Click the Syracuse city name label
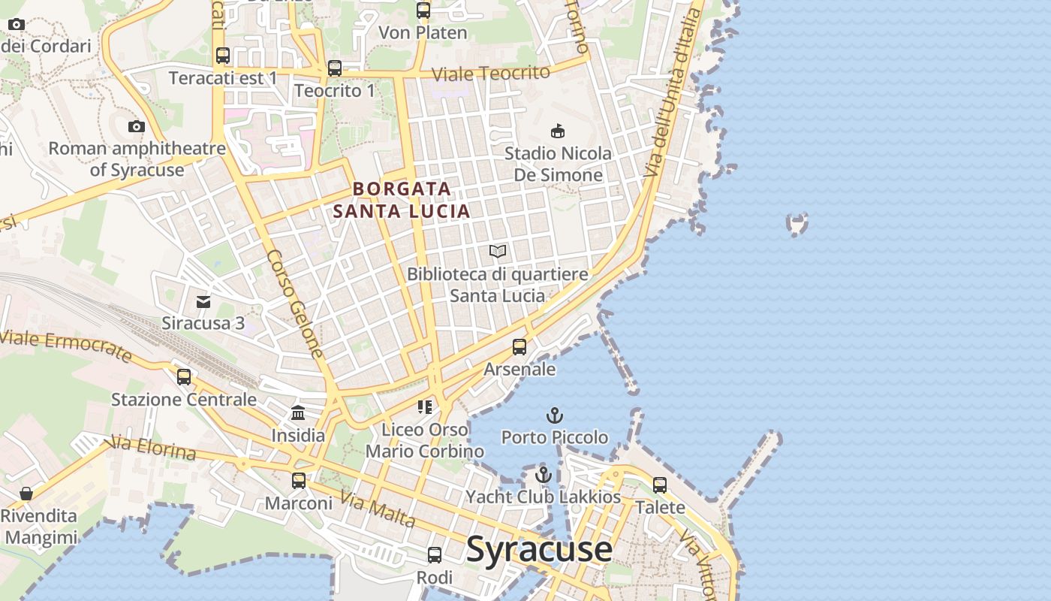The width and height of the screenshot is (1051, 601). click(x=539, y=549)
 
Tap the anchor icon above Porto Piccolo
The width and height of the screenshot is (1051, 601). click(x=554, y=415)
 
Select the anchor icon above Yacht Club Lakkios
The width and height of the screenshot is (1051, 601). click(x=543, y=475)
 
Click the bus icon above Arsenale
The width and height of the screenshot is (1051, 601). click(x=519, y=347)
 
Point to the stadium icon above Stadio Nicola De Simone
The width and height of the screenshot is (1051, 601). click(x=558, y=131)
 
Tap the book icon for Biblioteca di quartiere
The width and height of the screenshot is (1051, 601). click(x=498, y=251)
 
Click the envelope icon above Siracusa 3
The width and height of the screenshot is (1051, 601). click(x=203, y=302)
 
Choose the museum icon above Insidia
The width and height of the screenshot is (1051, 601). click(x=298, y=413)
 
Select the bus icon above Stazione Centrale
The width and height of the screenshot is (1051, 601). click(x=184, y=377)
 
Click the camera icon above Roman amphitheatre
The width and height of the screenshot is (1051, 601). click(x=136, y=126)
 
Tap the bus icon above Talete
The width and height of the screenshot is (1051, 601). click(x=660, y=485)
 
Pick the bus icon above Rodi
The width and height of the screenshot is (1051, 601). click(x=435, y=555)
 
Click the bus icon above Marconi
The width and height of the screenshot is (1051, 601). click(x=299, y=481)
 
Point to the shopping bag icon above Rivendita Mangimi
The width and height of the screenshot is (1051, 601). click(x=26, y=494)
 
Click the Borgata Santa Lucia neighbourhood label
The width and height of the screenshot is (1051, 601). click(x=402, y=200)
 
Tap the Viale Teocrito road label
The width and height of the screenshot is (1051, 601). click(x=492, y=74)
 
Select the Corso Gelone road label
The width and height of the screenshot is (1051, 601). click(x=295, y=304)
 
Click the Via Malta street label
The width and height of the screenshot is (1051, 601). click(x=377, y=509)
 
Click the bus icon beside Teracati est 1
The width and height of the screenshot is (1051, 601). click(x=223, y=56)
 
